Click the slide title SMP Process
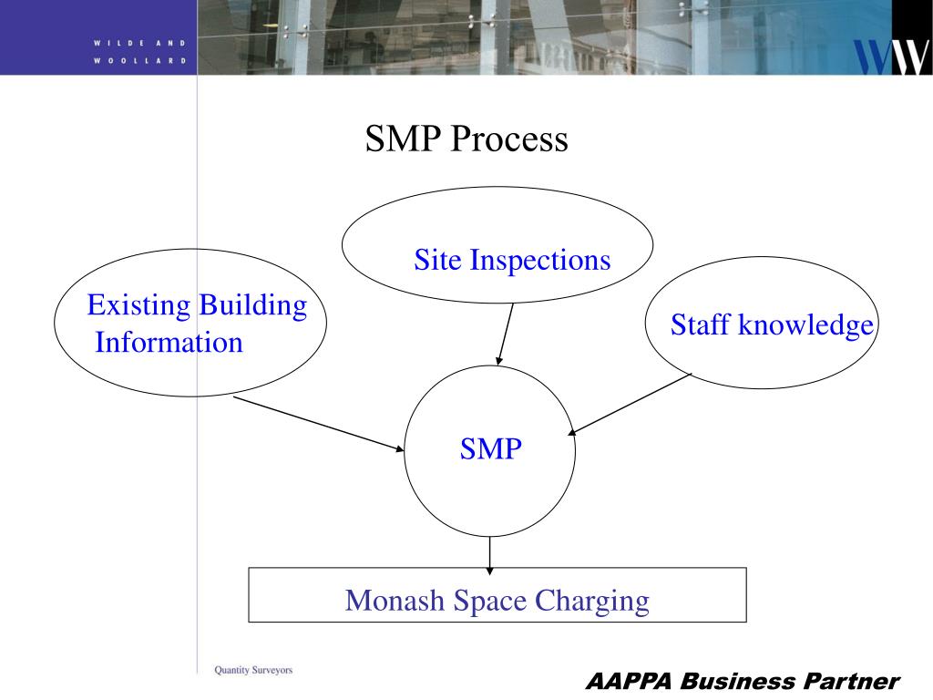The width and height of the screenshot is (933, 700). coord(466,139)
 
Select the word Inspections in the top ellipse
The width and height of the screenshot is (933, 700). coord(540,261)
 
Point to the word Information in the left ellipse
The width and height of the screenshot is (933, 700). coord(169,343)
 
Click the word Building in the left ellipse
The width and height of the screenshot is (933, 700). coord(252,305)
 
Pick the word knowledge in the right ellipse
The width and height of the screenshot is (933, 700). coord(805,325)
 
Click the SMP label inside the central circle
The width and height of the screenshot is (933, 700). coord(490,448)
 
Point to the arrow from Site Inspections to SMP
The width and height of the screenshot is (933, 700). coord(505,334)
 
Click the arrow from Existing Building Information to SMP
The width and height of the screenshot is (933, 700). coord(319,423)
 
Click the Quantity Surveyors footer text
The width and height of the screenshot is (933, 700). coord(253,670)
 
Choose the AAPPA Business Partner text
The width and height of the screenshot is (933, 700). coord(742,681)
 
